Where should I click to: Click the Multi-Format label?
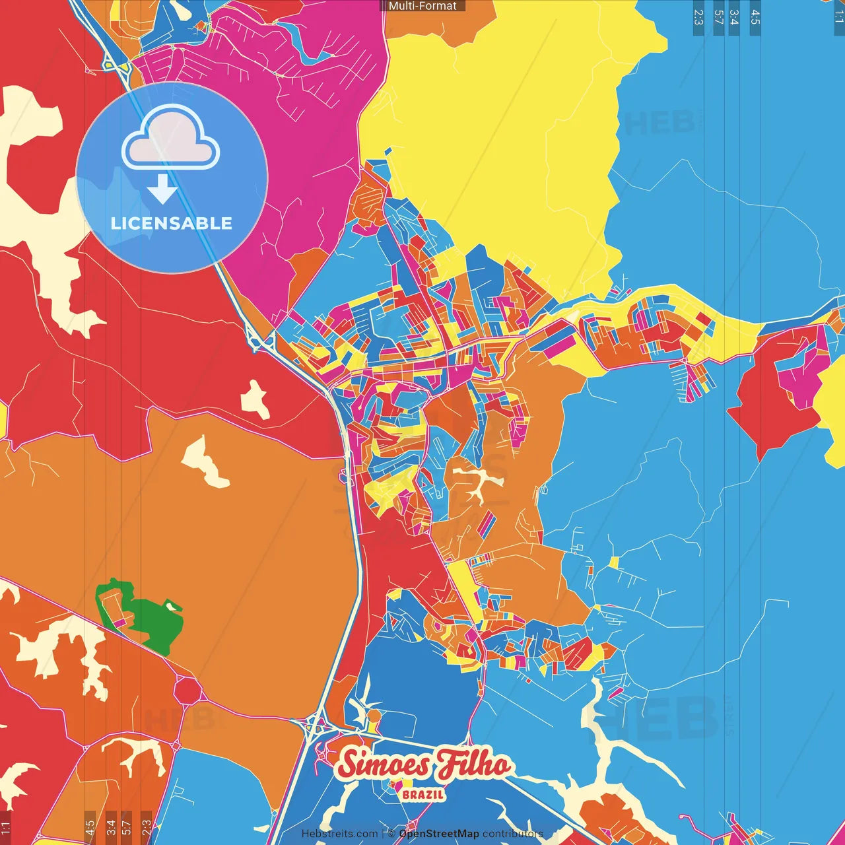point(422,6)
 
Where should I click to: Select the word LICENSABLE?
point(172,223)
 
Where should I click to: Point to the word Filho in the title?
point(474,764)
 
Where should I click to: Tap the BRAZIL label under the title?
point(423,794)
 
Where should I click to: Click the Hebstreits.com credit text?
point(340,834)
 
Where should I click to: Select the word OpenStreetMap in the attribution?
point(439,834)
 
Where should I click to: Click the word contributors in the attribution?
point(513,834)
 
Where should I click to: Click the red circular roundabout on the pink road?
point(188,691)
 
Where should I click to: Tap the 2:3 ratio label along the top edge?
point(698,17)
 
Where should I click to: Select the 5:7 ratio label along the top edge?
point(718,17)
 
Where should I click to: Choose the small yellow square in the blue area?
point(615,562)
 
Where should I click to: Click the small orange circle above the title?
point(374,716)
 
